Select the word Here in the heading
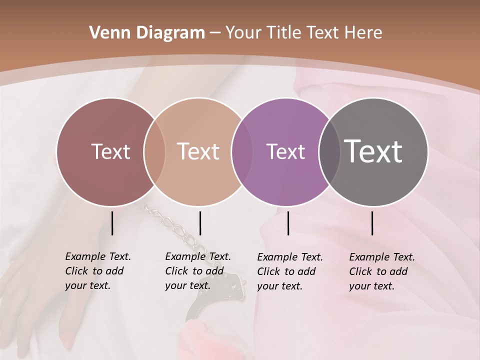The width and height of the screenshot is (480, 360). [363, 33]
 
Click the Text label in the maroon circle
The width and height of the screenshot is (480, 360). [110, 151]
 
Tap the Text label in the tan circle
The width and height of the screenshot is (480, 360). [198, 151]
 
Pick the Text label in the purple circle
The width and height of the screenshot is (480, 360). [285, 151]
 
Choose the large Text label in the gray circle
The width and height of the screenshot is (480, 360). [373, 151]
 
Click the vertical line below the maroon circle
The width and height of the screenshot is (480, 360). [112, 223]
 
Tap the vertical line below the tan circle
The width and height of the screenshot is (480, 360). [200, 223]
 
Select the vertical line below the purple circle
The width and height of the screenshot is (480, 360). [288, 223]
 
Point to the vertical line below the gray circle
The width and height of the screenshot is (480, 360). [372, 223]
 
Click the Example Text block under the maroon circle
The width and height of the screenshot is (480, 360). [97, 271]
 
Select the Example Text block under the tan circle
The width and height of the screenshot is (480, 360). [197, 271]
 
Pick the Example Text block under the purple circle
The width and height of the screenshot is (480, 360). [289, 271]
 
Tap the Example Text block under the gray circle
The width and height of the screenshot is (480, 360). [381, 271]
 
